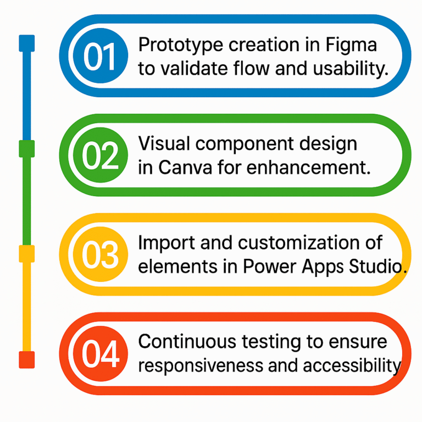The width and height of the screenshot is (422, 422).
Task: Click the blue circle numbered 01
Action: tap(101, 55)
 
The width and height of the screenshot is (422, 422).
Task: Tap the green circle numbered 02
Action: tap(101, 155)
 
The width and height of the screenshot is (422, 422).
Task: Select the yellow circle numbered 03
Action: tap(101, 254)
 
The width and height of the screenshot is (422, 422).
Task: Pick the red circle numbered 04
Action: tap(101, 354)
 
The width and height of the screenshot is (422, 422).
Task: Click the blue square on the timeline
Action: tap(26, 43)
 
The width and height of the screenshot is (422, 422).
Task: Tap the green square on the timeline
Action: tap(26, 148)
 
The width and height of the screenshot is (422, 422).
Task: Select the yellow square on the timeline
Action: tap(26, 254)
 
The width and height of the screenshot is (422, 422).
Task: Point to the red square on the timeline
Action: tap(26, 359)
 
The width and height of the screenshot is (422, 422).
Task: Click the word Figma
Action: tap(351, 46)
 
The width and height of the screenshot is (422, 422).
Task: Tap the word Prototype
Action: tap(181, 45)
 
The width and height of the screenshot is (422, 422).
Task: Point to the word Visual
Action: tap(164, 143)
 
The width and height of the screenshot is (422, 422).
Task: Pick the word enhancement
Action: tap(308, 168)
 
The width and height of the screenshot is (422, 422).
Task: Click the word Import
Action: tap(166, 243)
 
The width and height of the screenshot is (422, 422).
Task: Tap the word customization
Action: tap(299, 242)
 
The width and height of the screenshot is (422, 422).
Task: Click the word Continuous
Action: tap(187, 342)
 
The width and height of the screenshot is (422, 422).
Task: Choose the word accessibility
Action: tap(352, 367)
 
